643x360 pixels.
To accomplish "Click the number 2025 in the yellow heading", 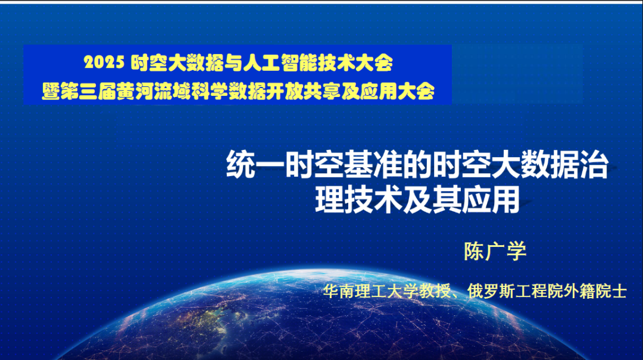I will pos(104,61).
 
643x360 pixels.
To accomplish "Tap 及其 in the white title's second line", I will pos(432,200).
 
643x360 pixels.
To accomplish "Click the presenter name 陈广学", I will pos(495,251).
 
